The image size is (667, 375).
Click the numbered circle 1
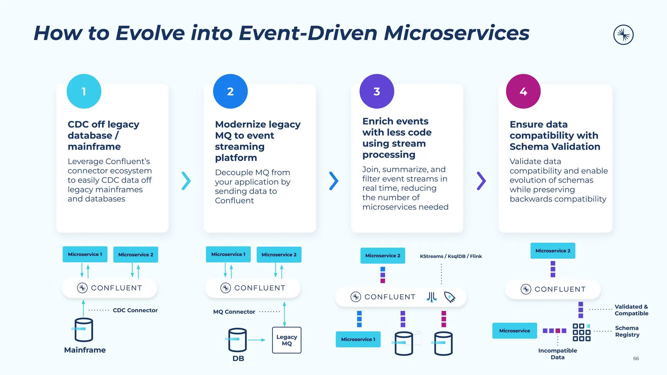pyautogui.click(x=84, y=91)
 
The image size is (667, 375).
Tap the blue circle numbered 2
pyautogui.click(x=230, y=91)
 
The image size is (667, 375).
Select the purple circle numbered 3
pyautogui.click(x=376, y=91)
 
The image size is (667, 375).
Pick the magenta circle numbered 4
pyautogui.click(x=523, y=91)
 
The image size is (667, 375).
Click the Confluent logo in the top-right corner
pyautogui.click(x=623, y=35)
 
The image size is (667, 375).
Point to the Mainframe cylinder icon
pyautogui.click(x=84, y=329)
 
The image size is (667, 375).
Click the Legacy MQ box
pyautogui.click(x=287, y=340)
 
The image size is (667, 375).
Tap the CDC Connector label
pyautogui.click(x=135, y=311)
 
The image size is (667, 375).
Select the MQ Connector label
pyautogui.click(x=234, y=312)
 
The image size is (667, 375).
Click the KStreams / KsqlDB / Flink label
pyautogui.click(x=451, y=257)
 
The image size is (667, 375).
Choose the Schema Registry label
pyautogui.click(x=627, y=331)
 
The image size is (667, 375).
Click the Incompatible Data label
pyautogui.click(x=557, y=354)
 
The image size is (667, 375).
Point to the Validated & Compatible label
pyautogui.click(x=631, y=310)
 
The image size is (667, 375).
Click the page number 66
pyautogui.click(x=636, y=358)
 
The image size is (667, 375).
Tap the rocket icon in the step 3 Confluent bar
pyautogui.click(x=449, y=297)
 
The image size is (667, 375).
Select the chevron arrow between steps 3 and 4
pyautogui.click(x=481, y=181)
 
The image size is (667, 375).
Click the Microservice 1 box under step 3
pyautogui.click(x=358, y=339)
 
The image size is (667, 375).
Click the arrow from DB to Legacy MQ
pyautogui.click(x=257, y=340)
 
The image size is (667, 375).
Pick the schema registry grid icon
pyautogui.click(x=581, y=332)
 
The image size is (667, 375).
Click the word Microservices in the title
pyautogui.click(x=457, y=33)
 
